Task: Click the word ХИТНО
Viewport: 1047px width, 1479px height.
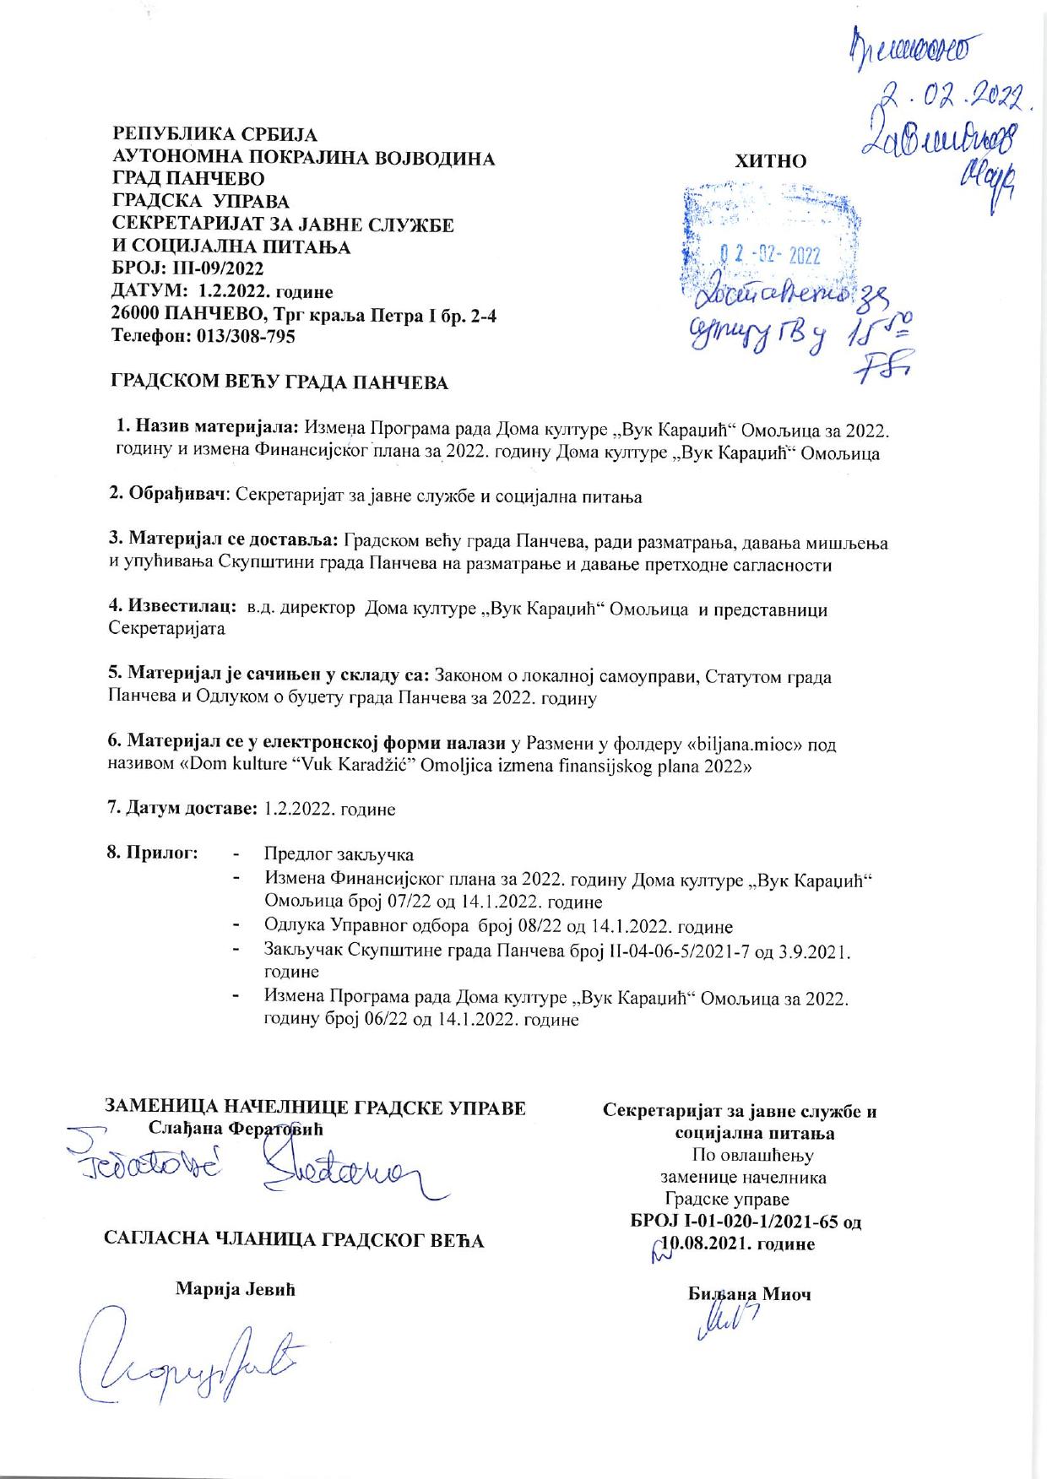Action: click(x=771, y=160)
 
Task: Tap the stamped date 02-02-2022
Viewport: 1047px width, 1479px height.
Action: click(x=768, y=256)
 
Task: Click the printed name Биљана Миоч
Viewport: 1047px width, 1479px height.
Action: click(x=749, y=1293)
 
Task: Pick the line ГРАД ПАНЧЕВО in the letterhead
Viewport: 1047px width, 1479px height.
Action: click(x=188, y=179)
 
